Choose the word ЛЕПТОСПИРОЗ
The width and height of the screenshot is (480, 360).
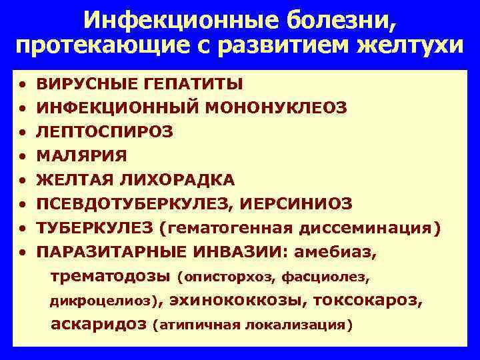pyautogui.click(x=105, y=132)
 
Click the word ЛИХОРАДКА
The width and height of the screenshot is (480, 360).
pyautogui.click(x=178, y=180)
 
